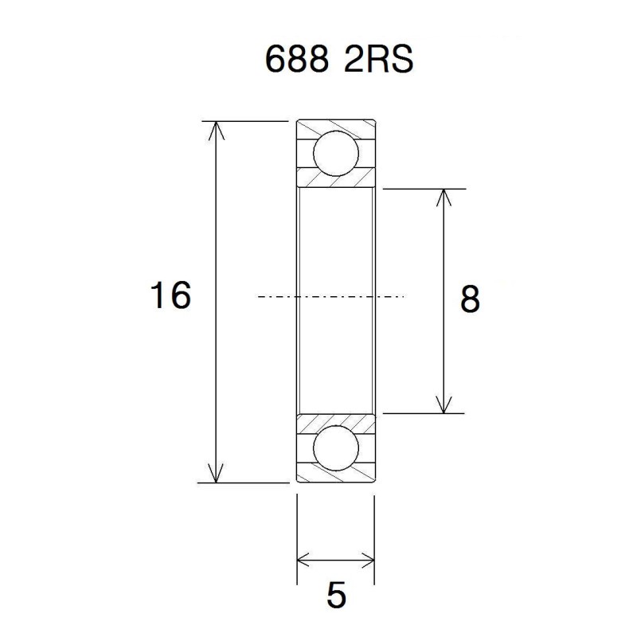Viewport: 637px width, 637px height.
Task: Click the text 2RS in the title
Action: (x=378, y=61)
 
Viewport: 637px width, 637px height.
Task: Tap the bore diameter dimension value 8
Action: (x=470, y=300)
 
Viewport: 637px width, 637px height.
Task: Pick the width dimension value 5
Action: (x=337, y=596)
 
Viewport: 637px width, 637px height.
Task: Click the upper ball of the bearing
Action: (x=335, y=154)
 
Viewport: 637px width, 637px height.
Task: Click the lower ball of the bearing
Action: (x=335, y=448)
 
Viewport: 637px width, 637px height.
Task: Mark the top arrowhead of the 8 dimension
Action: (x=444, y=197)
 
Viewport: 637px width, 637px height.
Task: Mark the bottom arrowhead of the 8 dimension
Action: (x=444, y=405)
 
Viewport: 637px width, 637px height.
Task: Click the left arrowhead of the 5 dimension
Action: (x=304, y=557)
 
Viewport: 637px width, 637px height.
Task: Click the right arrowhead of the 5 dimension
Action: (x=366, y=557)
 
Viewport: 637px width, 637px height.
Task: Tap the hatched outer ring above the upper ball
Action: (x=335, y=127)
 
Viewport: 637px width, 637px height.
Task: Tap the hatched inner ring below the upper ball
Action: (x=335, y=181)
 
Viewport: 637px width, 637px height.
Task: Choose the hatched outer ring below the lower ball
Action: (x=335, y=476)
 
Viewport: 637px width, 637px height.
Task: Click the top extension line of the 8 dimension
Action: (x=422, y=189)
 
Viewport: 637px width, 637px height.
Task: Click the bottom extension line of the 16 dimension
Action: (x=247, y=483)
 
